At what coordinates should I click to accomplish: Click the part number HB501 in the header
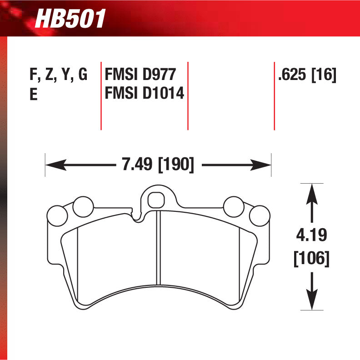(70, 19)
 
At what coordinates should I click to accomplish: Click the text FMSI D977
(140, 75)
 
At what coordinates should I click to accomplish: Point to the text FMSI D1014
(145, 94)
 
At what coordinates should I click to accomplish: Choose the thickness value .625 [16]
(307, 75)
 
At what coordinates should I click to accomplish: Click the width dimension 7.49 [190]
(158, 165)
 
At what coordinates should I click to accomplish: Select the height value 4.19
(311, 236)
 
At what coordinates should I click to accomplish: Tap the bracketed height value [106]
(311, 259)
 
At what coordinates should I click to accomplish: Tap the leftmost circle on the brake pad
(57, 215)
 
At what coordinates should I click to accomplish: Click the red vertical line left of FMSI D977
(101, 95)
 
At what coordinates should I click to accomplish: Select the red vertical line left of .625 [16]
(274, 95)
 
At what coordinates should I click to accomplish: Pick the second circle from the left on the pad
(82, 207)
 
